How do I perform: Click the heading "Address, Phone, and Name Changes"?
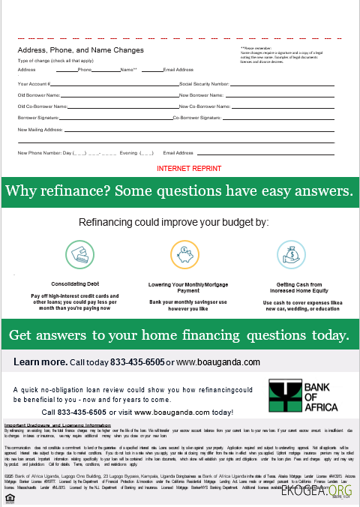click(80, 50)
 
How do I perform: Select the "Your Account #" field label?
click(34, 83)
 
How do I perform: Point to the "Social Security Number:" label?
click(205, 83)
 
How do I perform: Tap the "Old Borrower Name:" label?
click(39, 95)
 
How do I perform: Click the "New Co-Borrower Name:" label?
click(204, 106)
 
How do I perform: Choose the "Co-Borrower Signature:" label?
click(197, 118)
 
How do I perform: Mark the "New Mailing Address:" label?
click(40, 130)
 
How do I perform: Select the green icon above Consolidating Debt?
click(79, 255)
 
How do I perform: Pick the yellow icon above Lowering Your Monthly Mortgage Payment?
click(184, 255)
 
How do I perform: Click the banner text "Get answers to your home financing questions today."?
click(178, 334)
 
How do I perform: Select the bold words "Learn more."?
click(40, 362)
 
